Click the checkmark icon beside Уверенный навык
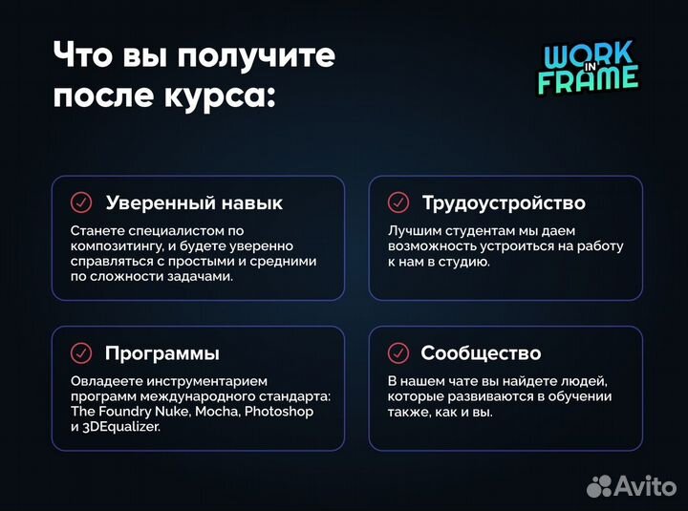click(x=81, y=202)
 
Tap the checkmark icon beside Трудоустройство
click(x=398, y=202)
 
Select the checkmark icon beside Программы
click(x=81, y=353)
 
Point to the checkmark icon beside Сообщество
click(x=398, y=353)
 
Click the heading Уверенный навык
click(x=194, y=202)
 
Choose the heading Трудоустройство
click(x=504, y=202)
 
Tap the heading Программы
click(x=162, y=353)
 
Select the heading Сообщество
click(x=481, y=353)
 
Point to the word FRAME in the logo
click(x=588, y=79)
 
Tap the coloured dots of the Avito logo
click(x=601, y=484)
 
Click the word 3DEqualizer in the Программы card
click(x=121, y=427)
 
